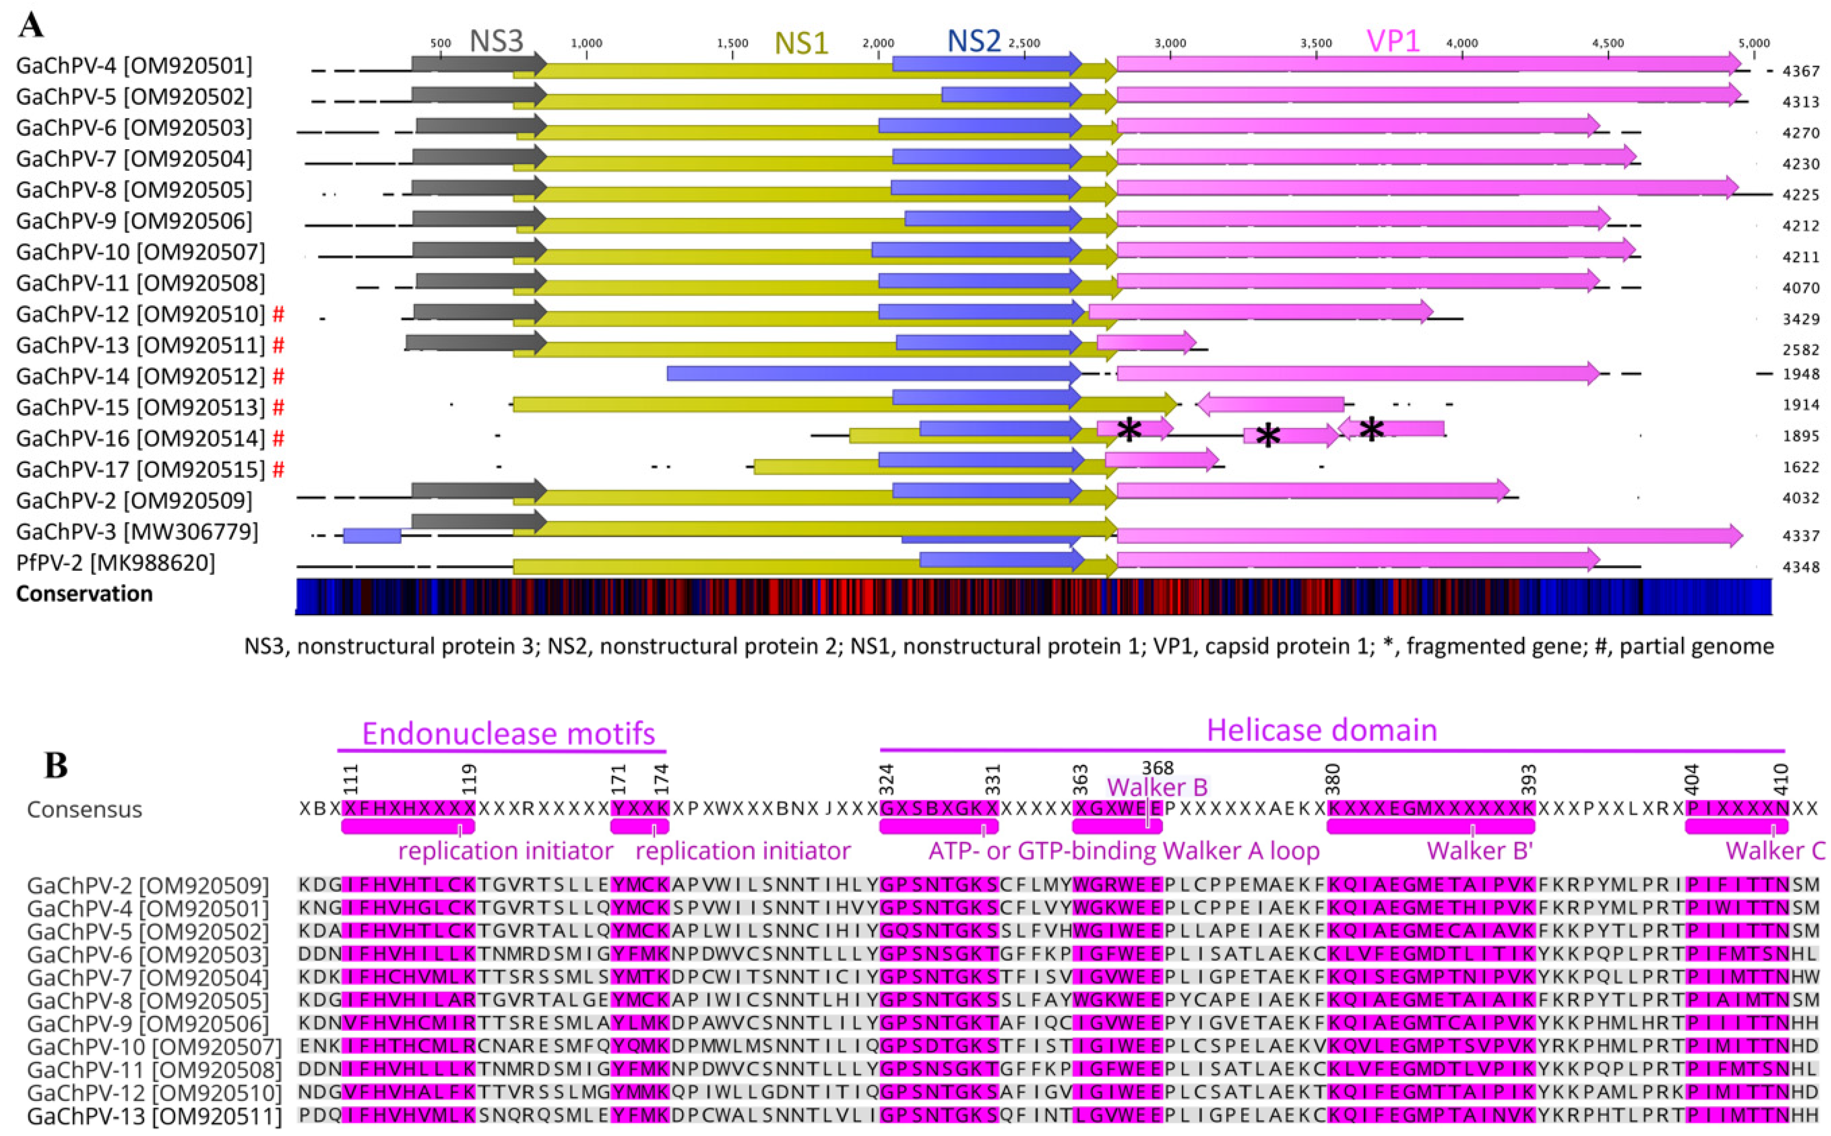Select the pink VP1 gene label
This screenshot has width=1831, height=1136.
(x=1393, y=42)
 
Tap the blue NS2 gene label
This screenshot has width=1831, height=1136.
(x=974, y=42)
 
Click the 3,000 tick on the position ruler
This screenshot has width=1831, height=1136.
(x=1169, y=43)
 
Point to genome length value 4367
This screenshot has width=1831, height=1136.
(x=1801, y=71)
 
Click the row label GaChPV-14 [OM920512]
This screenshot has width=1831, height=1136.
(x=140, y=376)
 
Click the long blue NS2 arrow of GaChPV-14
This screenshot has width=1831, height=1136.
(x=871, y=374)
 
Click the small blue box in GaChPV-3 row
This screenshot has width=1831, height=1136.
(x=372, y=536)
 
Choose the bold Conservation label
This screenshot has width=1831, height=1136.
(x=84, y=593)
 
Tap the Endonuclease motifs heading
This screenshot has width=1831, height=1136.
(x=508, y=733)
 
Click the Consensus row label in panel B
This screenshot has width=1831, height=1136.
(x=84, y=809)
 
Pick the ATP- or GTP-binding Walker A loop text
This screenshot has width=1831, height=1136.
(x=1124, y=850)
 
